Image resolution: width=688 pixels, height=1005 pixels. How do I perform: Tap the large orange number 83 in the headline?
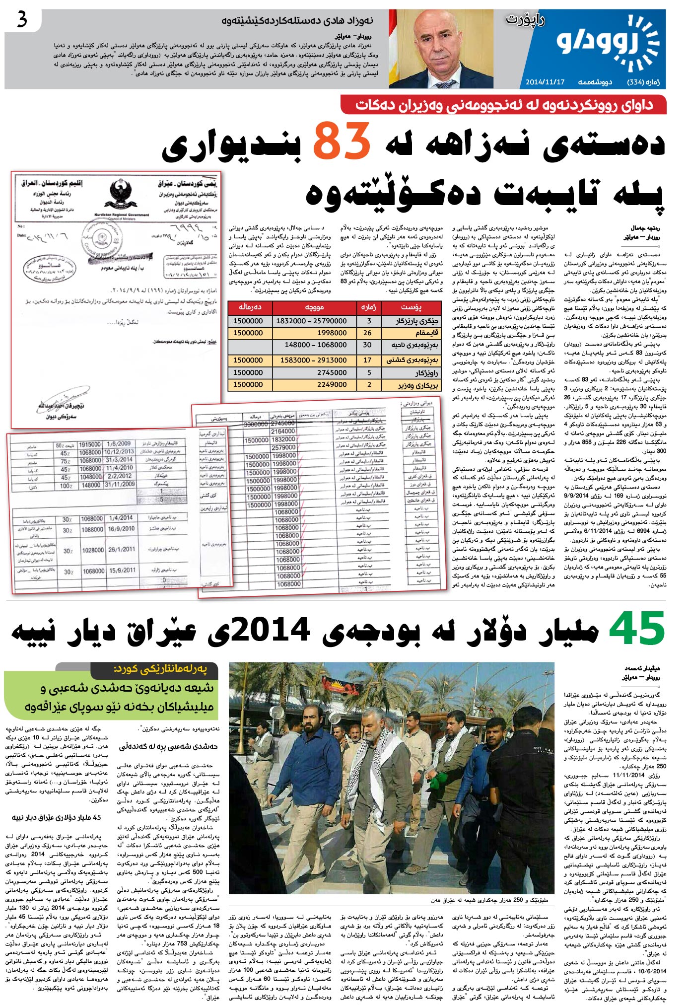[x=342, y=142]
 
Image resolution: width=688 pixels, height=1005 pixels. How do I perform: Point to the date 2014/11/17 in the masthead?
[x=545, y=81]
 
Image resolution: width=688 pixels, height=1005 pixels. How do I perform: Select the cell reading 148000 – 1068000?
[x=316, y=345]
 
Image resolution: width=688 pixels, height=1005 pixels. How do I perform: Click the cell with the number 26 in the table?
[x=367, y=333]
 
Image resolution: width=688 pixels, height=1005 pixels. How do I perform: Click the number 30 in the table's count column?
[x=367, y=345]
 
